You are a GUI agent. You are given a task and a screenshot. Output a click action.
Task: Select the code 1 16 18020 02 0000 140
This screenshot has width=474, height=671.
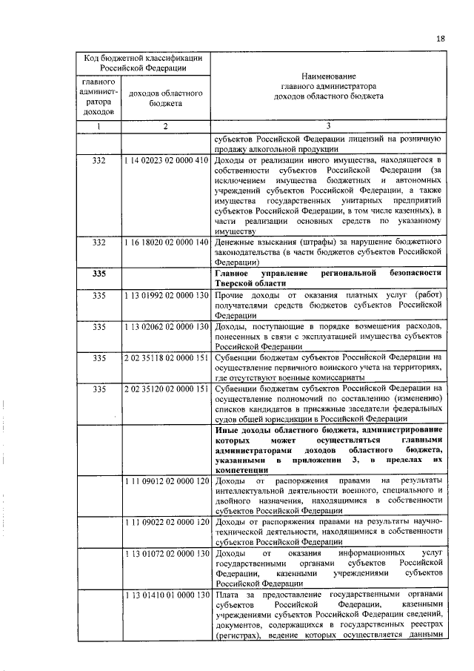coord(166,242)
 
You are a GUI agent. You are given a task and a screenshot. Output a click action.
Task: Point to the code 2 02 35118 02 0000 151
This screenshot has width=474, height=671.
coord(166,357)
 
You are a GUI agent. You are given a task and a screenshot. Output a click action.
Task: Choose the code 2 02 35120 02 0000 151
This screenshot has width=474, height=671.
coord(166,389)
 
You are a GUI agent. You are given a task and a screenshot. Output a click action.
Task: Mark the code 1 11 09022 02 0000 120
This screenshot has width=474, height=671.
coord(166,523)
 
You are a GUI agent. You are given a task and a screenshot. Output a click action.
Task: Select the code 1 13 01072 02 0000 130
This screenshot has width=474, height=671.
coord(166,553)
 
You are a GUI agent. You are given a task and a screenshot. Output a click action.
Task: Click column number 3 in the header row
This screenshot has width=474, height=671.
coord(328,126)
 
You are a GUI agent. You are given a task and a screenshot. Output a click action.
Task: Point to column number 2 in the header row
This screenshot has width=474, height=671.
coord(166,126)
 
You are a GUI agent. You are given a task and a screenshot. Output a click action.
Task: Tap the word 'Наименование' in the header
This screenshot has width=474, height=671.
coord(328,76)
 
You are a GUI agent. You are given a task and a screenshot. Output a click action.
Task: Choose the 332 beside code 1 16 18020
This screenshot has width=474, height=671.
coord(99,242)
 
